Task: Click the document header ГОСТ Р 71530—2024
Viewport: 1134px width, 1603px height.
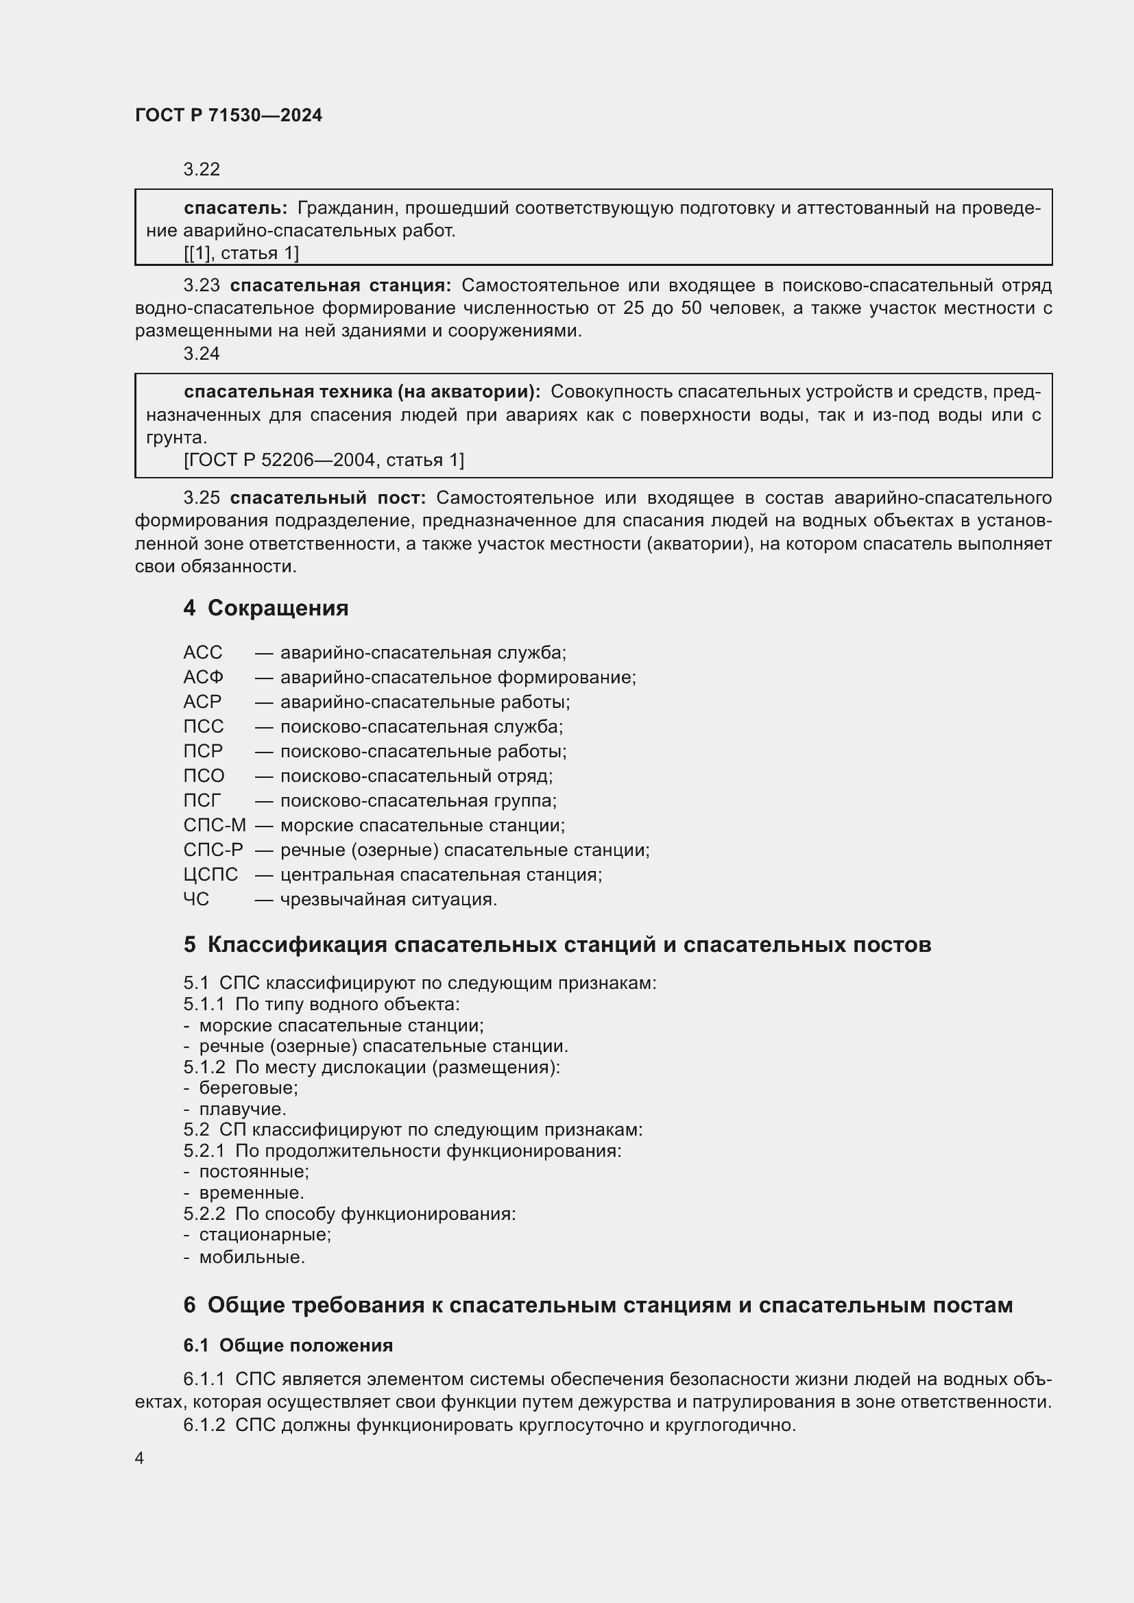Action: (x=228, y=115)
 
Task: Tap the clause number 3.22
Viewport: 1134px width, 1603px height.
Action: (x=201, y=169)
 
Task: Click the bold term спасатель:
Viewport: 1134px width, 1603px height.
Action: (x=235, y=208)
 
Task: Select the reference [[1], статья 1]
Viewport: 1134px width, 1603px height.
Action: (x=241, y=253)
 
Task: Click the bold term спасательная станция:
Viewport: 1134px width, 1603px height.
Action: (x=340, y=285)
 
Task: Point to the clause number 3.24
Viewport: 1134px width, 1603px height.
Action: (x=201, y=353)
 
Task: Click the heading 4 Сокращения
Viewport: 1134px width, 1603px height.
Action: (x=265, y=607)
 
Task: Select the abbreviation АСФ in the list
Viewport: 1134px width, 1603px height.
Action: (x=203, y=677)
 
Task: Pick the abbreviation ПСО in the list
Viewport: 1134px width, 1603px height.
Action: (x=204, y=776)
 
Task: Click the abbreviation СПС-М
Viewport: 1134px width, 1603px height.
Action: (x=215, y=825)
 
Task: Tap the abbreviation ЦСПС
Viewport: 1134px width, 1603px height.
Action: (x=210, y=874)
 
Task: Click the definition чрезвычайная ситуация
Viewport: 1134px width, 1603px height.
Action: (x=388, y=899)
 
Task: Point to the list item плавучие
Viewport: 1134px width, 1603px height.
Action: (x=242, y=1109)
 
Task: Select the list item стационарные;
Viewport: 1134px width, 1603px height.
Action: (x=265, y=1234)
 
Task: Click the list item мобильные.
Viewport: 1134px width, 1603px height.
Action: (x=252, y=1258)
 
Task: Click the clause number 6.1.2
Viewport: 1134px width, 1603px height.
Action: (x=204, y=1425)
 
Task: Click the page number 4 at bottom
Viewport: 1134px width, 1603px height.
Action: (x=140, y=1458)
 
